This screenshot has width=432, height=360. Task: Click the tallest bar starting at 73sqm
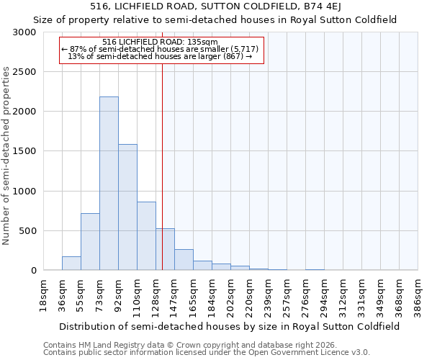click(109, 184)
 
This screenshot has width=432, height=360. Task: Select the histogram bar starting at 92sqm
click(127, 207)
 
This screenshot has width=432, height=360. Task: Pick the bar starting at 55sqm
click(90, 242)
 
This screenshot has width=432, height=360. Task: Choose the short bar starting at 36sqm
click(71, 264)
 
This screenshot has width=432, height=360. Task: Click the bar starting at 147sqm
click(184, 260)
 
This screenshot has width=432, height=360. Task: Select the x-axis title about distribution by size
click(230, 326)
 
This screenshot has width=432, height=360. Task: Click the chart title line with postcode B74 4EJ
click(215, 6)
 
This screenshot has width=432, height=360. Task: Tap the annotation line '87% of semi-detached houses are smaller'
click(161, 49)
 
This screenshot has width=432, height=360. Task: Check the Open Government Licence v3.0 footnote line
click(207, 353)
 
